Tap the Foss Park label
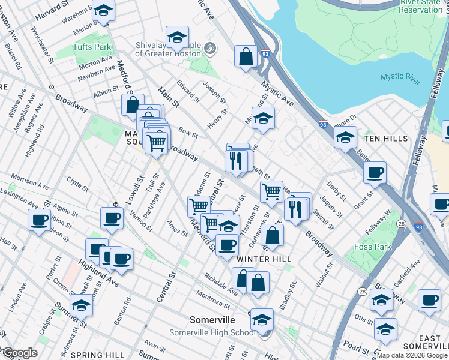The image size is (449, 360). point(373,247)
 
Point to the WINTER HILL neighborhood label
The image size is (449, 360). point(264,259)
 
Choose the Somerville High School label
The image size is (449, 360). point(220,333)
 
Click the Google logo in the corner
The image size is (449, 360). point(19,353)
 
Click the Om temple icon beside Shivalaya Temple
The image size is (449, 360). point(210,47)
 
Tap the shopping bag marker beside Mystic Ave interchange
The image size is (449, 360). point(246,57)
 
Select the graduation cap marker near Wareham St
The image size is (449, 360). point(103,11)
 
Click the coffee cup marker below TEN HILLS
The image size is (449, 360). point(375,173)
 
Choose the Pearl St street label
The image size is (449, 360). point(357,348)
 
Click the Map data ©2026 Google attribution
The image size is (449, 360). point(412,355)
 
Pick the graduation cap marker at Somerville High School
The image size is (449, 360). point(262,320)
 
